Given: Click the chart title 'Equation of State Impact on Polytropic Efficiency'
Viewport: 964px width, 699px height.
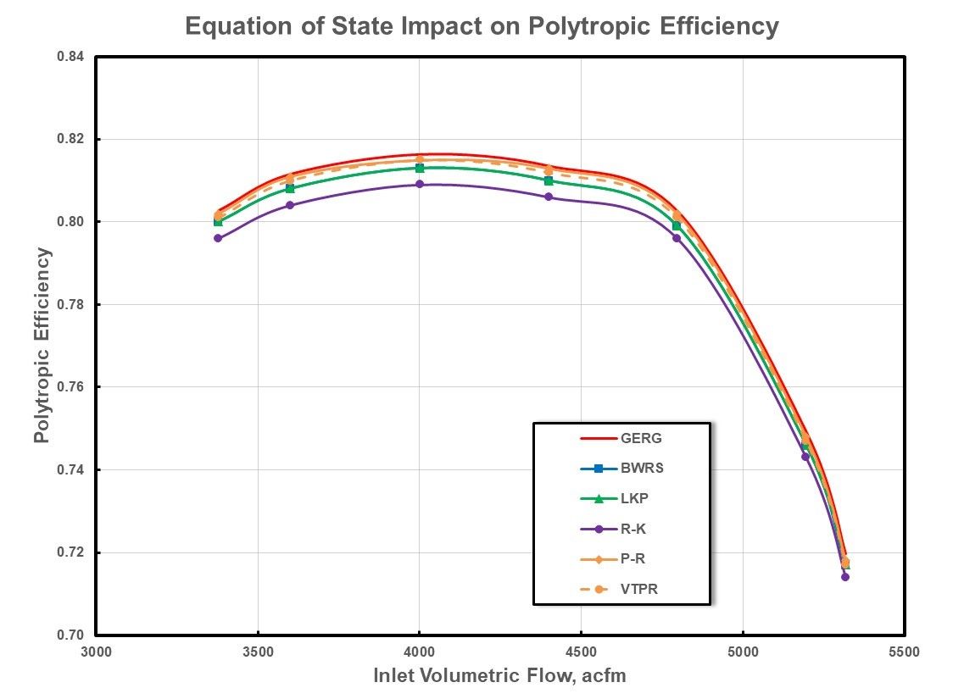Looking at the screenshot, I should [482, 26].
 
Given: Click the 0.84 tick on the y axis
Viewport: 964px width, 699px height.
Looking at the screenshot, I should [71, 57].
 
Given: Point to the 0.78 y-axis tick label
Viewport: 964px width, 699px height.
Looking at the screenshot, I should [71, 304].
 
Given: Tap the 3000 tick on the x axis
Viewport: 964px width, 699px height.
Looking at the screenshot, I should [96, 652].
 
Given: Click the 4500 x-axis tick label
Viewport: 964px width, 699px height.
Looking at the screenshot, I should [581, 652].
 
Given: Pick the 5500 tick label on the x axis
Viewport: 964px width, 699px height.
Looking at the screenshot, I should [904, 652].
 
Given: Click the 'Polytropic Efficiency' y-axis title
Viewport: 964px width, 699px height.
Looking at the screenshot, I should [42, 346].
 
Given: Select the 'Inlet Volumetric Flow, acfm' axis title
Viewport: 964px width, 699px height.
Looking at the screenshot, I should [499, 676].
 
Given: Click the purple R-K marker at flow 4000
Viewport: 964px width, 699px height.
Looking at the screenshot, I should [420, 184].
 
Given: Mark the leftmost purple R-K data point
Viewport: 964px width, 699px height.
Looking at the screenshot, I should [218, 238].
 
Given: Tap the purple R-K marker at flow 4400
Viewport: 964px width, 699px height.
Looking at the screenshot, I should [549, 197].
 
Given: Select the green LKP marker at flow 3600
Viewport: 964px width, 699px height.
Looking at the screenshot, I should [290, 188].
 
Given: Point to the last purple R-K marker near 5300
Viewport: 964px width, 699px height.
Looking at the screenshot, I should [845, 577].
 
